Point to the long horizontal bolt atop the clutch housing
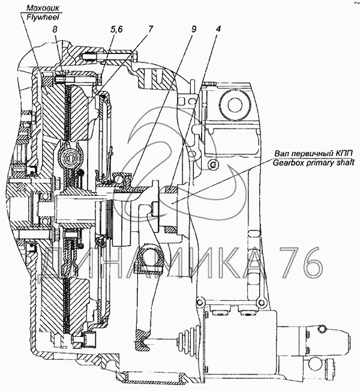[108, 58]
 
